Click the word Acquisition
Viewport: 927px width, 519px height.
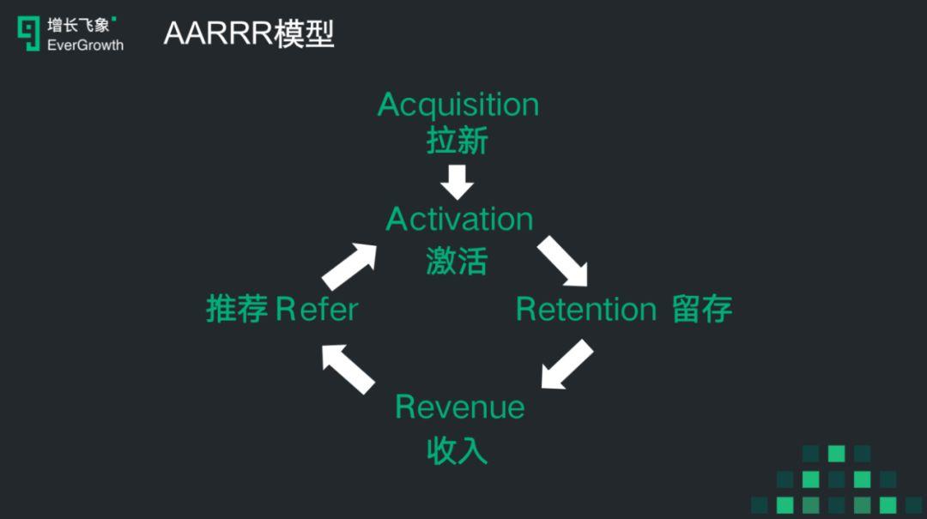[458, 106]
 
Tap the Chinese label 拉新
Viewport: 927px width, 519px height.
[457, 141]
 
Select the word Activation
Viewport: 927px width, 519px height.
[459, 220]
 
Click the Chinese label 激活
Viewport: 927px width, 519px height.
[457, 260]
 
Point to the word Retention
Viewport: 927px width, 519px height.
[586, 309]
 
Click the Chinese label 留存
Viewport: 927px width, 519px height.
[702, 309]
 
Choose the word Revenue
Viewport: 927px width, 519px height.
[459, 407]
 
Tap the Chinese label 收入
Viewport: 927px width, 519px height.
[457, 449]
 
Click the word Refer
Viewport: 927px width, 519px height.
[317, 309]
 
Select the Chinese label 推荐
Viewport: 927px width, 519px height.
[237, 309]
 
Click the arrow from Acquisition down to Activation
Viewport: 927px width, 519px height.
[457, 182]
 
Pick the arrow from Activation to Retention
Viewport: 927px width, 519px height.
[563, 262]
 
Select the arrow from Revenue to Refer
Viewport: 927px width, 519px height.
[348, 366]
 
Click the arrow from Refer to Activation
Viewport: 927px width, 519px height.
[350, 265]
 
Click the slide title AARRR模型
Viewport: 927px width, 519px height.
[248, 33]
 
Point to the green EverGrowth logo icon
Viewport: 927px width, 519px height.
[29, 33]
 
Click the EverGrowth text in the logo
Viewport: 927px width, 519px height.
[85, 45]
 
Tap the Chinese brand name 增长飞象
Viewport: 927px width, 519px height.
[78, 25]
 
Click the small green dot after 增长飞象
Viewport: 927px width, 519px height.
[115, 18]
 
